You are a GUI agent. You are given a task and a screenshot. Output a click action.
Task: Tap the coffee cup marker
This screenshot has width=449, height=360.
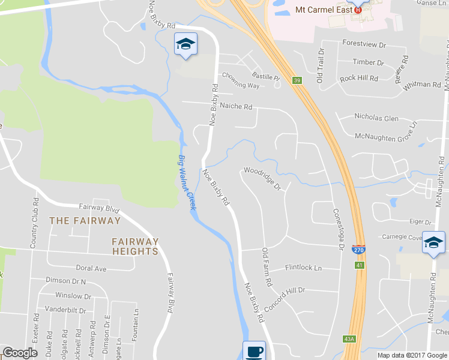pyautogui.click(x=254, y=351)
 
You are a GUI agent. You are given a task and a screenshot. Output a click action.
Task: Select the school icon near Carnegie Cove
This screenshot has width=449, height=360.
pyautogui.click(x=433, y=243)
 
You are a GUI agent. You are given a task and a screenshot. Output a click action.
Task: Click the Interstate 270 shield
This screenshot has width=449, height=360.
pyautogui.click(x=359, y=250)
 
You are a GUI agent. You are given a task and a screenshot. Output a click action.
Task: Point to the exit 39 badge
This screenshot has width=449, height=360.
pyautogui.click(x=297, y=80)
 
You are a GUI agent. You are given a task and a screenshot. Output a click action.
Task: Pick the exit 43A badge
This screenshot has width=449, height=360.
pyautogui.click(x=350, y=339)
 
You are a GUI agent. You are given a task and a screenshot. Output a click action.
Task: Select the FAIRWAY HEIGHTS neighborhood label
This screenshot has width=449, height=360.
pyautogui.click(x=135, y=246)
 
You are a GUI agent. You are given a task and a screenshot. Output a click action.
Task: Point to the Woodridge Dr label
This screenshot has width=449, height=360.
pyautogui.click(x=262, y=178)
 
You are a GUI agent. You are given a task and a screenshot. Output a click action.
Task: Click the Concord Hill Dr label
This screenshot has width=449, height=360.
pyautogui.click(x=285, y=297)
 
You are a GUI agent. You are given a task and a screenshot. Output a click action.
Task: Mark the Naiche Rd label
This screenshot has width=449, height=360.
pyautogui.click(x=236, y=106)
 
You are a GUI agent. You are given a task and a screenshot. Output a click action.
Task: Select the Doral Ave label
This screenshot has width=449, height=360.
pyautogui.click(x=91, y=268)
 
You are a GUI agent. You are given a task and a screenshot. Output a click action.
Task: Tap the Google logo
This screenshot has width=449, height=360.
pyautogui.click(x=20, y=353)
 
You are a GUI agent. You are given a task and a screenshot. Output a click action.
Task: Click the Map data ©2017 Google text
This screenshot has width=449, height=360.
pyautogui.click(x=412, y=355)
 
